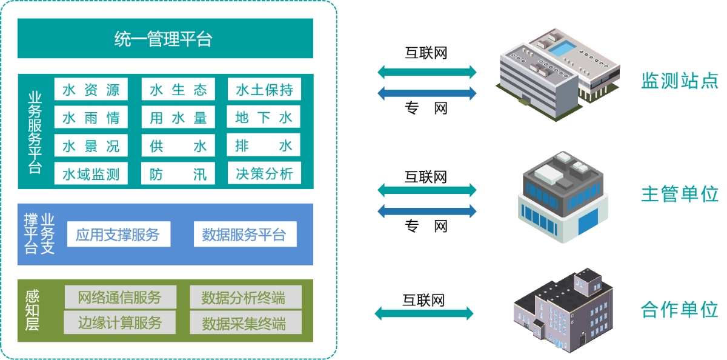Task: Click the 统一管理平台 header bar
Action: click(165, 39)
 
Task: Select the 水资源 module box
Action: click(91, 90)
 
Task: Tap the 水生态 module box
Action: click(178, 90)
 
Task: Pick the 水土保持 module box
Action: click(264, 90)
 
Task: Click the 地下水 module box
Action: click(264, 118)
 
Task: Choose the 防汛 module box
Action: click(178, 174)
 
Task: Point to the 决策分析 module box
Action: click(264, 174)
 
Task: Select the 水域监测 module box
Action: click(91, 175)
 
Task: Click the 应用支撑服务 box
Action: click(118, 235)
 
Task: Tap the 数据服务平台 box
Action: click(245, 235)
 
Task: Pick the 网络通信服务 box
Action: click(120, 298)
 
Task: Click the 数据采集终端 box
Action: click(245, 322)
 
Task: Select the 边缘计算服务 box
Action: click(120, 322)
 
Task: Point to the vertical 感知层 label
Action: click(32, 311)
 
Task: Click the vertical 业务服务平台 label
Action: click(35, 132)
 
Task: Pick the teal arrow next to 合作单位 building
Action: click(424, 313)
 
